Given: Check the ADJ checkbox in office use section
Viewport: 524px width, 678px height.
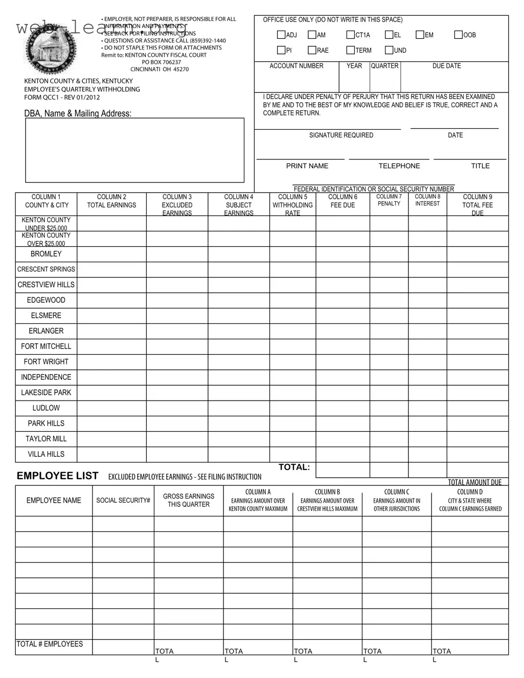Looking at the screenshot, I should [x=281, y=35].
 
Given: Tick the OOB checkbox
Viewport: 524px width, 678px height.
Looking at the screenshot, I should [x=459, y=35].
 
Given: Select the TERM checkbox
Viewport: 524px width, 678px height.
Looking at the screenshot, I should [x=350, y=50].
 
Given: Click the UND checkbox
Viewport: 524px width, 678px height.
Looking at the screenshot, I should [x=389, y=50].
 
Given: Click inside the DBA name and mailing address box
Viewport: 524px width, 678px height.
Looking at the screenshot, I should [x=135, y=150].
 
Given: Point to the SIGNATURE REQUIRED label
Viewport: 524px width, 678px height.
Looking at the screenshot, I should [x=341, y=135].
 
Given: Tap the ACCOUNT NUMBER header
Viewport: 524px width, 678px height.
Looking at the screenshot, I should [x=297, y=66].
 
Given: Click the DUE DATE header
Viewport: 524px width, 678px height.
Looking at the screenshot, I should [x=446, y=66].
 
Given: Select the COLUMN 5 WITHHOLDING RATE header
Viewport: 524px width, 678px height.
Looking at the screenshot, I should [x=292, y=205].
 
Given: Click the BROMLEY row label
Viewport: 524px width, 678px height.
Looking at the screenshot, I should [x=46, y=254].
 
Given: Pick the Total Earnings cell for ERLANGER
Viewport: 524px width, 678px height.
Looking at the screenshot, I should [x=111, y=331].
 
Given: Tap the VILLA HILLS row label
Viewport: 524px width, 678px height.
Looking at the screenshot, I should [x=46, y=454].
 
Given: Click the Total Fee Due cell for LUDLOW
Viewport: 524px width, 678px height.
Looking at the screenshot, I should [x=477, y=408].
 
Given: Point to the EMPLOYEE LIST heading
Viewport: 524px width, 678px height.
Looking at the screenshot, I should [x=57, y=476].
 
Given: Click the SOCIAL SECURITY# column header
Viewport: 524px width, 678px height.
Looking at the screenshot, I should [x=123, y=500].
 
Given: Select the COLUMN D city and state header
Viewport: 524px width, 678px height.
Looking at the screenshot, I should [x=470, y=500].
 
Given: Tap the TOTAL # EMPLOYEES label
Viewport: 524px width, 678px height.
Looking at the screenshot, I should [x=50, y=644].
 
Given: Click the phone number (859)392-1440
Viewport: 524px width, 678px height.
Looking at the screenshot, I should [x=208, y=40].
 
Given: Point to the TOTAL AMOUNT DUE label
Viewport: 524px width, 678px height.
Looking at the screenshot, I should [x=474, y=482].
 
